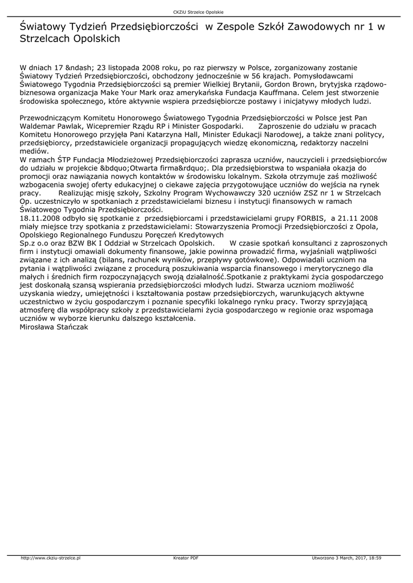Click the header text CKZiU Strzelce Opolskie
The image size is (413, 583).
[206, 13]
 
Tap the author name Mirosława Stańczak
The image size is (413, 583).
[54, 327]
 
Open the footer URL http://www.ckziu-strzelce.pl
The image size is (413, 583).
[51, 558]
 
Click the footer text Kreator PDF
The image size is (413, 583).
[186, 558]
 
